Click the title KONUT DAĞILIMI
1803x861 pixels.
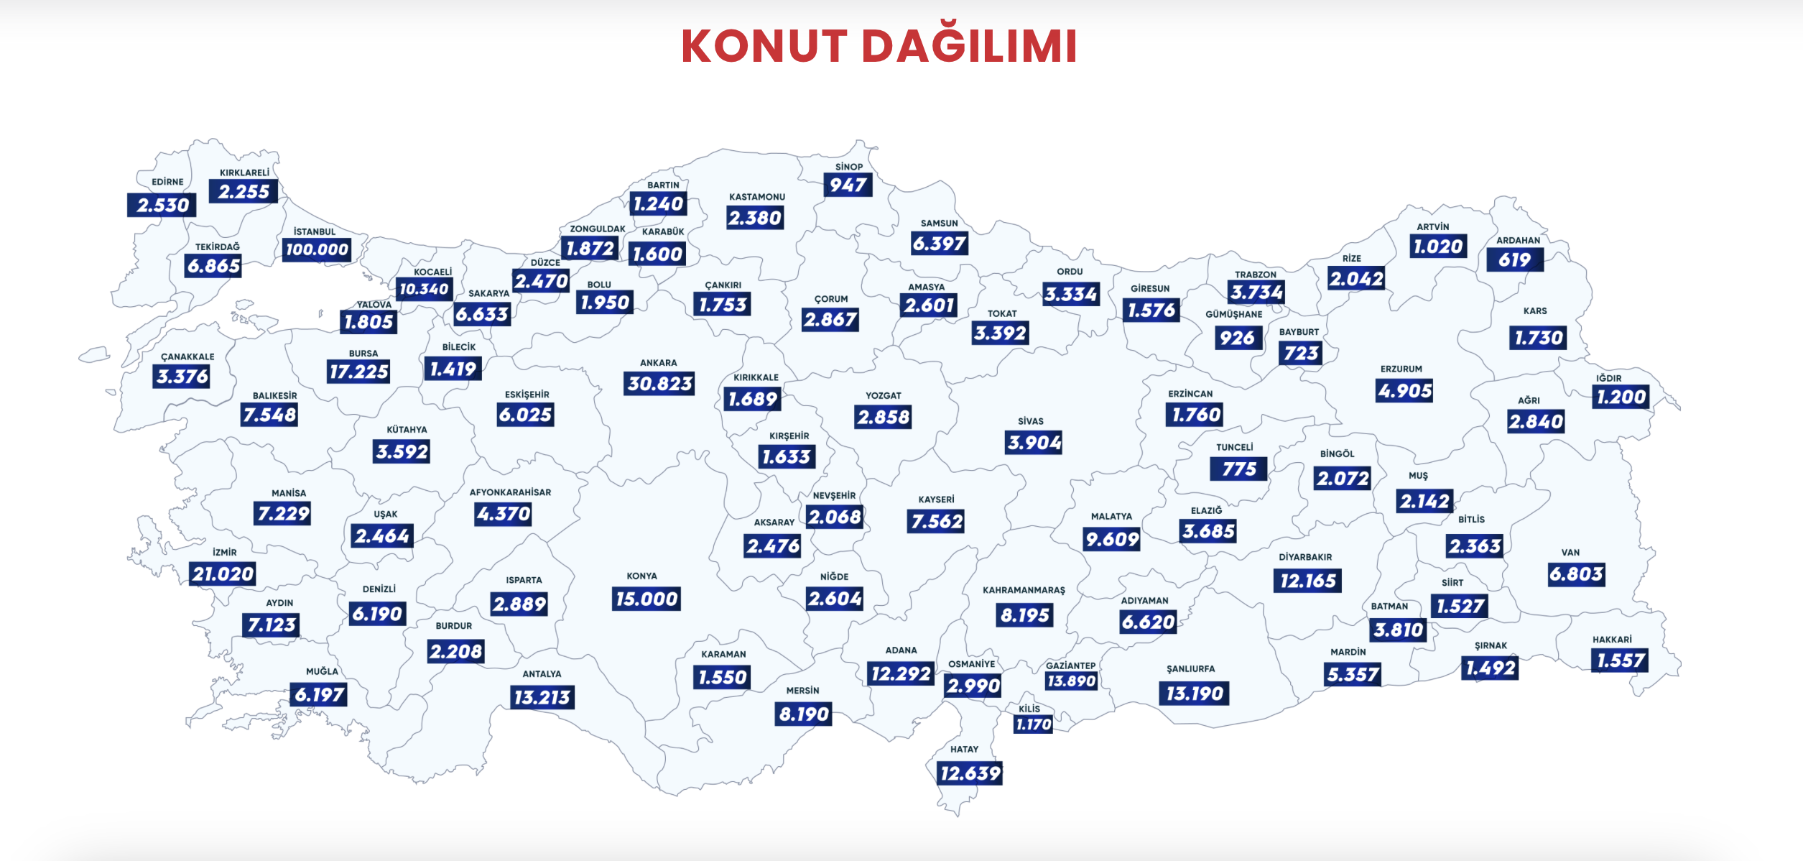coord(879,46)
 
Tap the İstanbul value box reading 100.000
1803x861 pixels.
coord(317,249)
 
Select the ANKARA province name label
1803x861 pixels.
coord(658,363)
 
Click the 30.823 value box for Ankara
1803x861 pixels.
coord(659,384)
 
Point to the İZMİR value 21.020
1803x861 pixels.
coord(223,574)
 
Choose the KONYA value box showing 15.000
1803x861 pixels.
coord(646,599)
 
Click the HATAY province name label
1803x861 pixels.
coord(964,749)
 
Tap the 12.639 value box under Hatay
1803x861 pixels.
coord(970,773)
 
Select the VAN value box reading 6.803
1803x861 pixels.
coord(1576,574)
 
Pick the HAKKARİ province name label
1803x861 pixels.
coord(1612,640)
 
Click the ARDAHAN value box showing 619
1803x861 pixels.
coord(1514,259)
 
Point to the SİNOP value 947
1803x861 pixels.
coord(848,185)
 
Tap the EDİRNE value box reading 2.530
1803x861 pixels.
coord(162,205)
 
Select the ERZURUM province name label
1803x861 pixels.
coord(1401,369)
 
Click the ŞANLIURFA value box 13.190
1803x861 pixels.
coord(1194,694)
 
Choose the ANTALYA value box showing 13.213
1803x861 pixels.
coord(542,697)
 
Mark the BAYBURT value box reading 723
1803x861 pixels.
coord(1301,353)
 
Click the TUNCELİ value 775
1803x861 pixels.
coord(1239,469)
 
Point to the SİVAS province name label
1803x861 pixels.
coord(1030,421)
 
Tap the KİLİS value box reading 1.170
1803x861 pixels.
coord(1033,724)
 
